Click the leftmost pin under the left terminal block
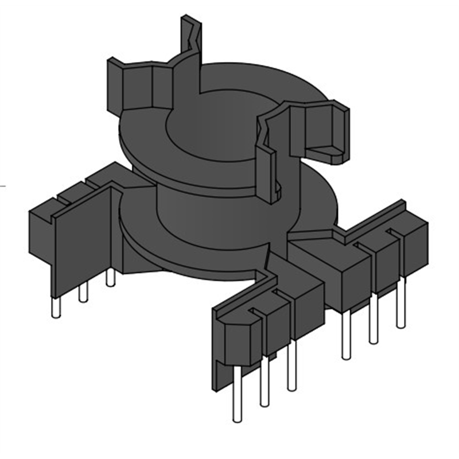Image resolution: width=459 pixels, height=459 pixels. [56, 306]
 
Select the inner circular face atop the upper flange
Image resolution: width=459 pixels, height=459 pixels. [212, 123]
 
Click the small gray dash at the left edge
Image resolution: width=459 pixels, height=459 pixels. [2, 185]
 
